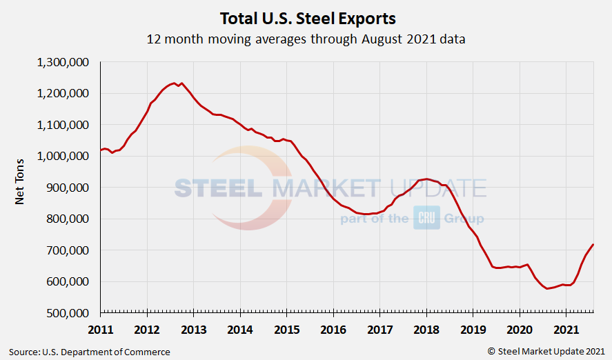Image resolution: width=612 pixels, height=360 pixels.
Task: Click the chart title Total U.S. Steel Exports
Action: [x=308, y=18]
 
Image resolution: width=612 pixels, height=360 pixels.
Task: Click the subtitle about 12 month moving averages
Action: [x=306, y=39]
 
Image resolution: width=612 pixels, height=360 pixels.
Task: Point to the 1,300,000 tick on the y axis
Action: [x=63, y=62]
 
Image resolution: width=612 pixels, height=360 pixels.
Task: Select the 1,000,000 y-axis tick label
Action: [x=63, y=156]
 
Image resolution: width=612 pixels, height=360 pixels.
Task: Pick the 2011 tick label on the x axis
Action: [x=101, y=329]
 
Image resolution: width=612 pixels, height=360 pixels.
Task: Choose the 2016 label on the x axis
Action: [x=333, y=329]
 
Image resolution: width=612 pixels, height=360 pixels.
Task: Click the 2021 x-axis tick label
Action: [x=566, y=329]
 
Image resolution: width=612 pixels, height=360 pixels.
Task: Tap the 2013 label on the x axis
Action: [x=194, y=329]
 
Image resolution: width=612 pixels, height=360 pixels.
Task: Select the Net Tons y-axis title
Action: [x=20, y=187]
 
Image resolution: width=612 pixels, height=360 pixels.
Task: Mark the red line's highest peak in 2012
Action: [x=175, y=83]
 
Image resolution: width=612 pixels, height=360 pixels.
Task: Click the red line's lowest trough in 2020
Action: [x=547, y=288]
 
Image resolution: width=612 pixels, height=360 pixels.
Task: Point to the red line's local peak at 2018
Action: [x=426, y=179]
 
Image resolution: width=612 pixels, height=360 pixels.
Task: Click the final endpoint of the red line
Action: [x=593, y=244]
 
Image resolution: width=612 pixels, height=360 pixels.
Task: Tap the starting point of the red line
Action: [x=101, y=150]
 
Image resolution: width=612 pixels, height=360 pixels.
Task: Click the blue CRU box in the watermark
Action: [x=426, y=219]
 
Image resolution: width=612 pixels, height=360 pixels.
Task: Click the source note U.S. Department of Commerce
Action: [x=90, y=352]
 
